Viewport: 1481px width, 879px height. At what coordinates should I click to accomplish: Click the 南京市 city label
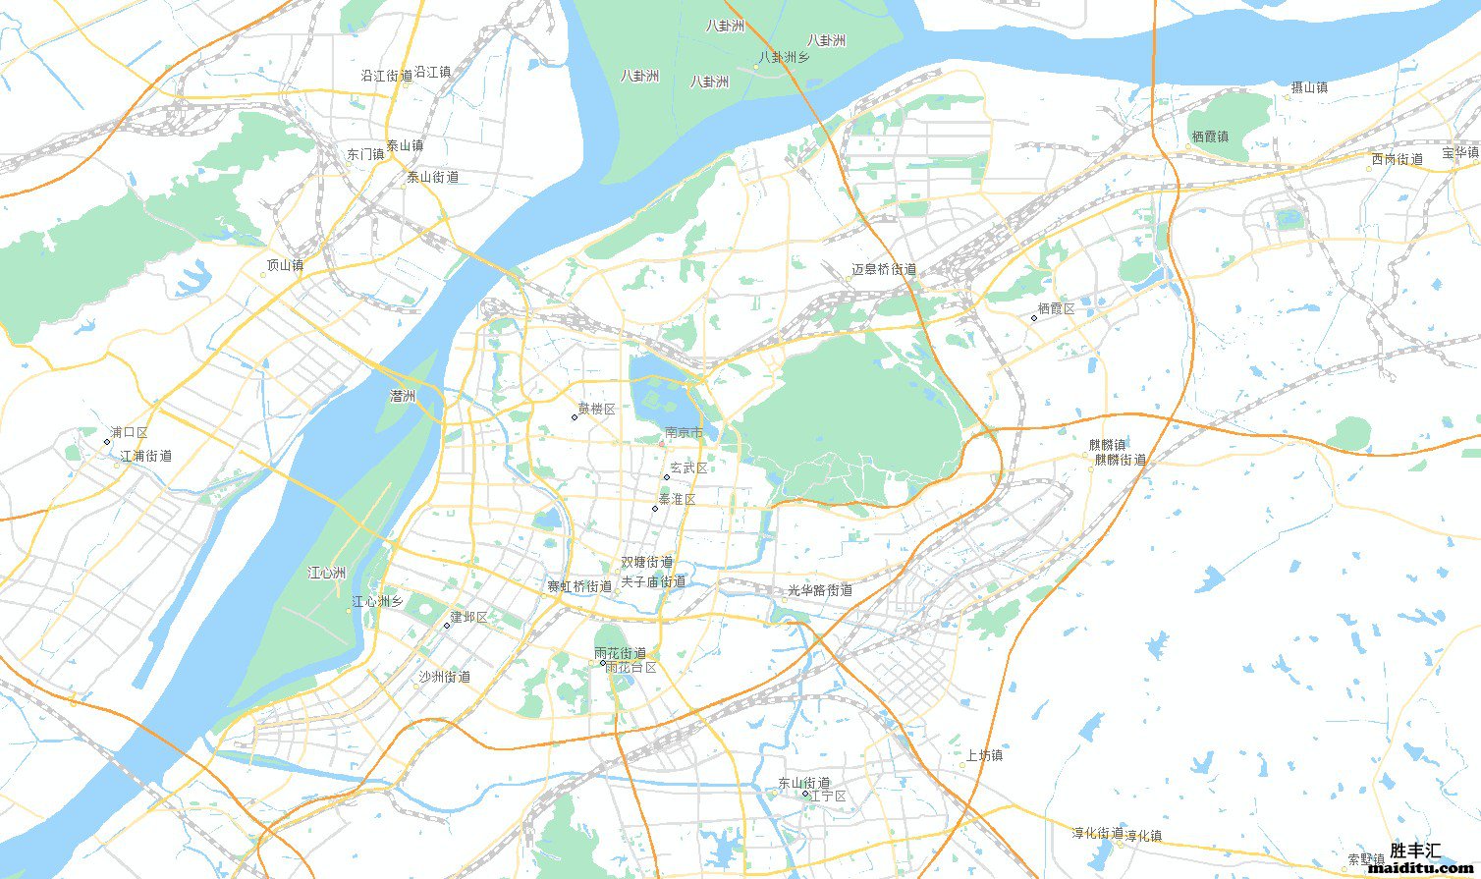click(684, 432)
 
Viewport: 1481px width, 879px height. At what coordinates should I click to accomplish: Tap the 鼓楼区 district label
click(596, 410)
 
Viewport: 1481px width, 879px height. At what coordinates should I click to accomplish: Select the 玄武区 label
click(688, 468)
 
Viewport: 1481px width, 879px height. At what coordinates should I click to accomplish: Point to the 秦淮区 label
click(678, 500)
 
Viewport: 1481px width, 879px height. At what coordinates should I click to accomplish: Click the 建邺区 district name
click(469, 618)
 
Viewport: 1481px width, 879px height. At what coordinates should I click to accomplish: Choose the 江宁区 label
click(828, 797)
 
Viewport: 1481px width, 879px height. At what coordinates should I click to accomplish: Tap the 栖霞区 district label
click(1057, 309)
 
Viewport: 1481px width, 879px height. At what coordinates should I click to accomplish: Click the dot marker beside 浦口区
click(107, 442)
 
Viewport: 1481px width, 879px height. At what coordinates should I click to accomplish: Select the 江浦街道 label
click(146, 457)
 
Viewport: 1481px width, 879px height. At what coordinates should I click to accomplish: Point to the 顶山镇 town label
click(285, 265)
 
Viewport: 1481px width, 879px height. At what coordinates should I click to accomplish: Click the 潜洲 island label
click(403, 397)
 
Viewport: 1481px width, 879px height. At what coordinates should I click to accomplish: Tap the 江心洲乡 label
click(377, 602)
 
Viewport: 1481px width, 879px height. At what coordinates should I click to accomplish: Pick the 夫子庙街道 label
click(654, 581)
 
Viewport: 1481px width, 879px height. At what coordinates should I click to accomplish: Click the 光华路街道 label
click(820, 591)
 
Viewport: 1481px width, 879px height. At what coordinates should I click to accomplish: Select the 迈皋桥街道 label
click(884, 270)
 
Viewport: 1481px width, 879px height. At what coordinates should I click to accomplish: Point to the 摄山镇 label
click(1308, 87)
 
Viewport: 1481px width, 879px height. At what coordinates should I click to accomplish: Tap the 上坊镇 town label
click(984, 756)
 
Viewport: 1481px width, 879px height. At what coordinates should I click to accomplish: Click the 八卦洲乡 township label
click(784, 58)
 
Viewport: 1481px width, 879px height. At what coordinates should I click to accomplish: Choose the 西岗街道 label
click(1397, 159)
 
